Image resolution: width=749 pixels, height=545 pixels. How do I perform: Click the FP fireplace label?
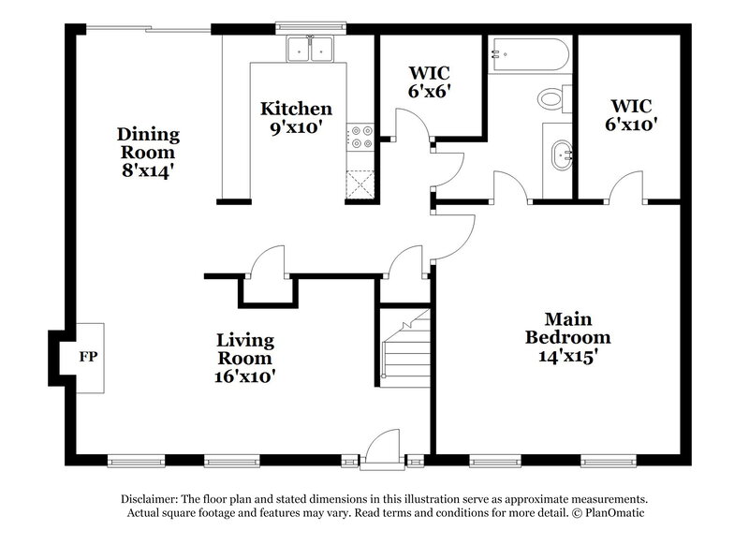pyautogui.click(x=87, y=357)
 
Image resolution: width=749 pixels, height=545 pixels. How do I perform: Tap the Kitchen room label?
pyautogui.click(x=296, y=109)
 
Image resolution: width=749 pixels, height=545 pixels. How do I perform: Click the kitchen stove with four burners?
pyautogui.click(x=359, y=138)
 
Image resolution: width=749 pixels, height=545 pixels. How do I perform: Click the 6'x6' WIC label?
pyautogui.click(x=430, y=91)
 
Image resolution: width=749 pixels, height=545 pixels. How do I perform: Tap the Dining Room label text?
pyautogui.click(x=147, y=142)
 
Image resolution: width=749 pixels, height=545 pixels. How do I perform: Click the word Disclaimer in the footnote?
pyautogui.click(x=154, y=499)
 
